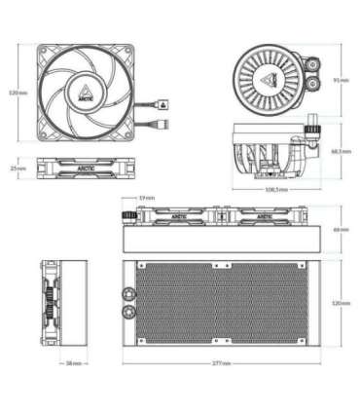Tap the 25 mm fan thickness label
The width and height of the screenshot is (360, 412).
[x=17, y=168]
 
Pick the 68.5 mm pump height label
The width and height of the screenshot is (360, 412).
[x=340, y=151]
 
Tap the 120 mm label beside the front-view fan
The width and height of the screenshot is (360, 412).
[x=15, y=93]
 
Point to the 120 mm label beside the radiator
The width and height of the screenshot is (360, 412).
[x=340, y=303]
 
